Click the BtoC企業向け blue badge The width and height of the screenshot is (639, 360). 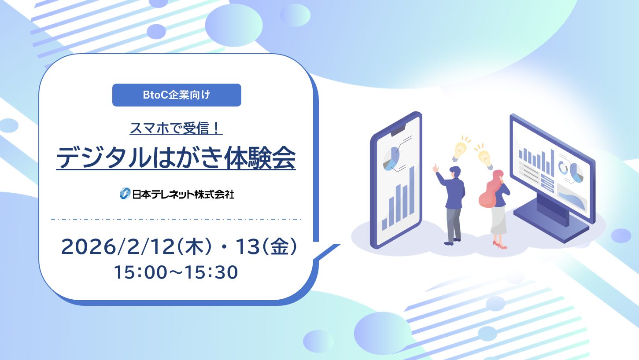(x=177, y=95)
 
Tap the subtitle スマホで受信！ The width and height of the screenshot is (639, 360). (x=176, y=129)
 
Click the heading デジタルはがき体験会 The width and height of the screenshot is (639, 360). (x=176, y=158)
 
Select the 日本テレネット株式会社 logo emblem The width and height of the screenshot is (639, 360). (x=125, y=194)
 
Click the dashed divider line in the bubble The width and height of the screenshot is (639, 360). (x=176, y=219)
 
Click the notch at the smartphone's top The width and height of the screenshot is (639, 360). (x=398, y=129)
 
